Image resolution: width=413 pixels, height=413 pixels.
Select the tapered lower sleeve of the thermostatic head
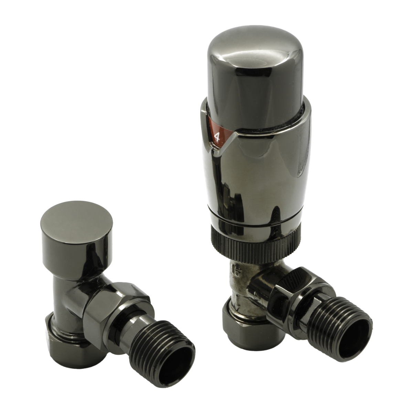pos(255,179)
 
